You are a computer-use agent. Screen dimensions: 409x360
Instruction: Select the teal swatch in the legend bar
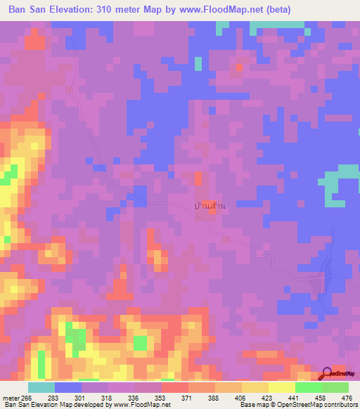[x=41, y=387]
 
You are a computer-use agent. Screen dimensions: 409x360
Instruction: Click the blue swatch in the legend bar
[x=68, y=387]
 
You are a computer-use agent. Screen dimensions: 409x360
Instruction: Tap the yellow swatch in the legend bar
[x=282, y=387]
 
